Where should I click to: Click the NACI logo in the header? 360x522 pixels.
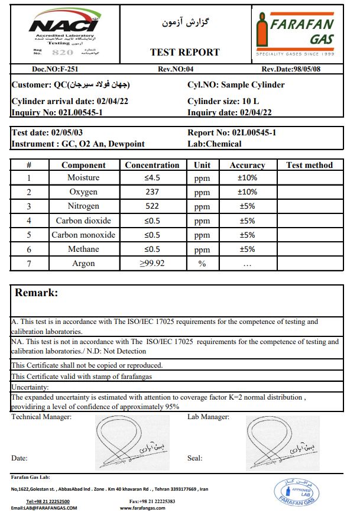[x=63, y=25]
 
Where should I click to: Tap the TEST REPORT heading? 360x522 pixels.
[x=184, y=52]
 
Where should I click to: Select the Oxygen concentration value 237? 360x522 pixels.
[x=152, y=192]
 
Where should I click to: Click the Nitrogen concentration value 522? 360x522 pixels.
[x=152, y=206]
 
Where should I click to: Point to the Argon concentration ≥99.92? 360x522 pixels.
[x=152, y=264]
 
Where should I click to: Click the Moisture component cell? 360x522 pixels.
[x=83, y=178]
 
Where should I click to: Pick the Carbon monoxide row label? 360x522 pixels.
[x=83, y=235]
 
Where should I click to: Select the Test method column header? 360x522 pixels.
[x=309, y=165]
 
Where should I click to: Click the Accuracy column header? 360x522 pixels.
[x=247, y=165]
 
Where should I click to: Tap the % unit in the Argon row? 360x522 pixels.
[x=202, y=264]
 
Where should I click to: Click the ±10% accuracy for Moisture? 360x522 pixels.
[x=247, y=178]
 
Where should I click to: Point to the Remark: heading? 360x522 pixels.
[x=37, y=293]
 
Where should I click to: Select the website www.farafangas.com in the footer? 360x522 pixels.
[x=143, y=508]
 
